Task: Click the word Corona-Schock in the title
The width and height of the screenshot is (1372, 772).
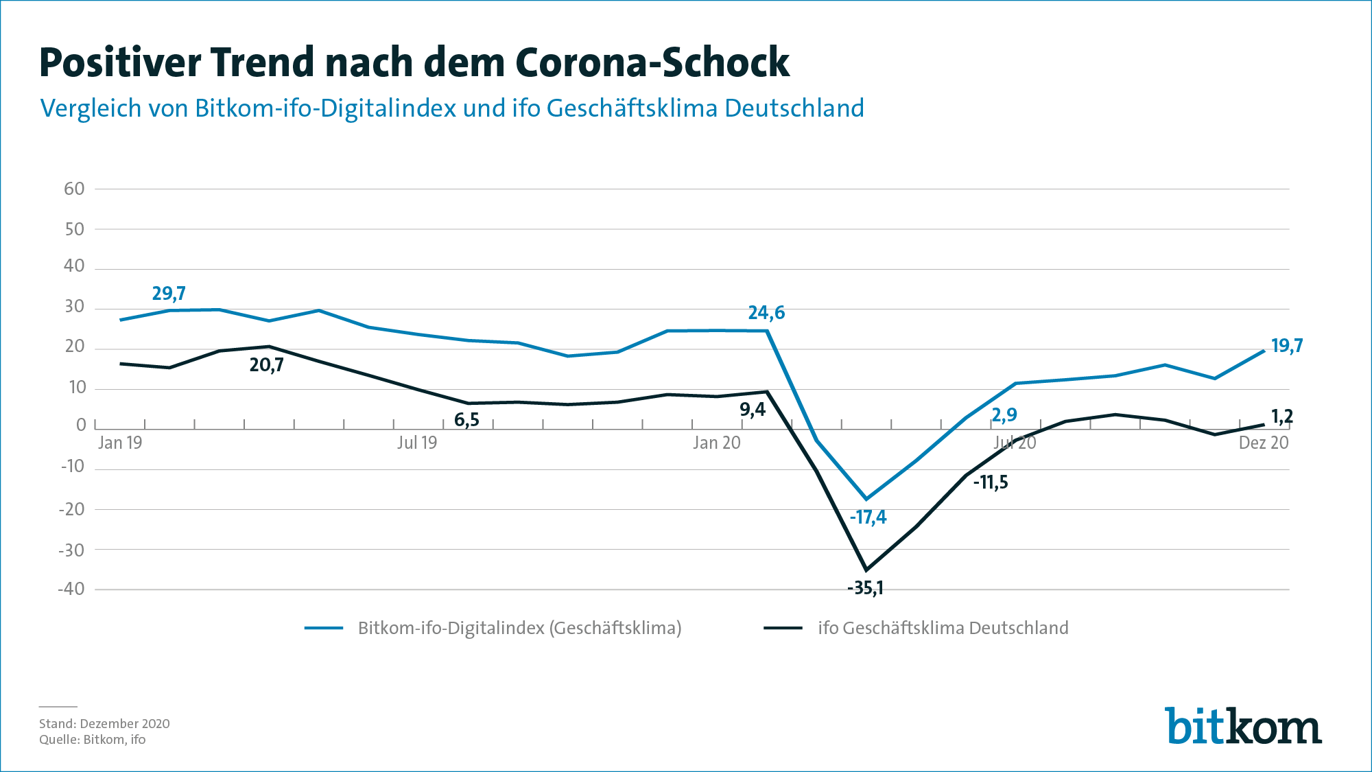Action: click(652, 63)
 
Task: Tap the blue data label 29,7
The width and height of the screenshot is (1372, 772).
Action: click(169, 294)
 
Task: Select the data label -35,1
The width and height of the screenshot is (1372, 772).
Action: click(865, 588)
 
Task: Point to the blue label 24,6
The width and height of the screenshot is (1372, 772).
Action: click(766, 313)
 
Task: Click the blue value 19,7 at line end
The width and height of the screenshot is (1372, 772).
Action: click(1286, 346)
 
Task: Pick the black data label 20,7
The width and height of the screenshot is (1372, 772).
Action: click(266, 365)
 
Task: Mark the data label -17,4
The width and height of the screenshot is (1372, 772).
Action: click(868, 517)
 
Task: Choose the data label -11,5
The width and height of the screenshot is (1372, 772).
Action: click(991, 482)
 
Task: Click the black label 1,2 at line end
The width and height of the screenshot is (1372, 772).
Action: click(1281, 417)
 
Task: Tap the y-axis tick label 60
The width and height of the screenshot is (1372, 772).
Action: click(74, 189)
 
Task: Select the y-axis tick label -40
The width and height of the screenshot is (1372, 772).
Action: click(71, 589)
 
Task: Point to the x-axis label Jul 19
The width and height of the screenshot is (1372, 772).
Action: click(416, 443)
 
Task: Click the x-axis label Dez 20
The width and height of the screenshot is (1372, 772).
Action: click(1263, 443)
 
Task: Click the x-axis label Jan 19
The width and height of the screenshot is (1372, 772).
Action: click(120, 443)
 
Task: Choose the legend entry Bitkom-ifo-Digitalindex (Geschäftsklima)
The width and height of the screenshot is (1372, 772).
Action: click(519, 628)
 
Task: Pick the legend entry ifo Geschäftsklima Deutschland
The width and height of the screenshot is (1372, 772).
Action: click(943, 628)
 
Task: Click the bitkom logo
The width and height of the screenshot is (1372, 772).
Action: click(1242, 726)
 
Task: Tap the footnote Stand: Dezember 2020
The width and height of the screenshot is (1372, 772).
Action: click(104, 723)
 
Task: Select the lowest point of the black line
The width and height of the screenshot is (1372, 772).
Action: click(866, 570)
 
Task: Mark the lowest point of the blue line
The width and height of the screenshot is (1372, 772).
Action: click(866, 499)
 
